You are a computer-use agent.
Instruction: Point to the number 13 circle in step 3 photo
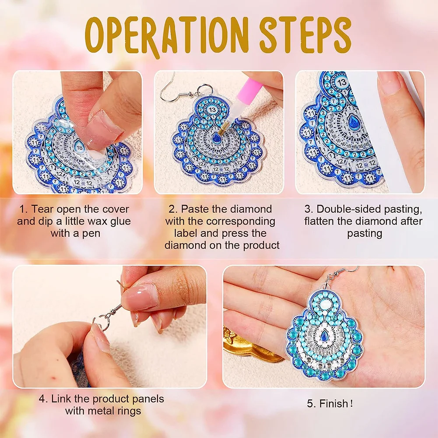tap(342, 82)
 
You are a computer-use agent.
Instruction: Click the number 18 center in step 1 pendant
tap(80, 147)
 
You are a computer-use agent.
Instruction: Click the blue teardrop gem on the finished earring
tap(324, 336)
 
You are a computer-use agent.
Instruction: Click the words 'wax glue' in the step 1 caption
tap(109, 221)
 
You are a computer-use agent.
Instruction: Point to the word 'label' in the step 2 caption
tap(187, 233)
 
